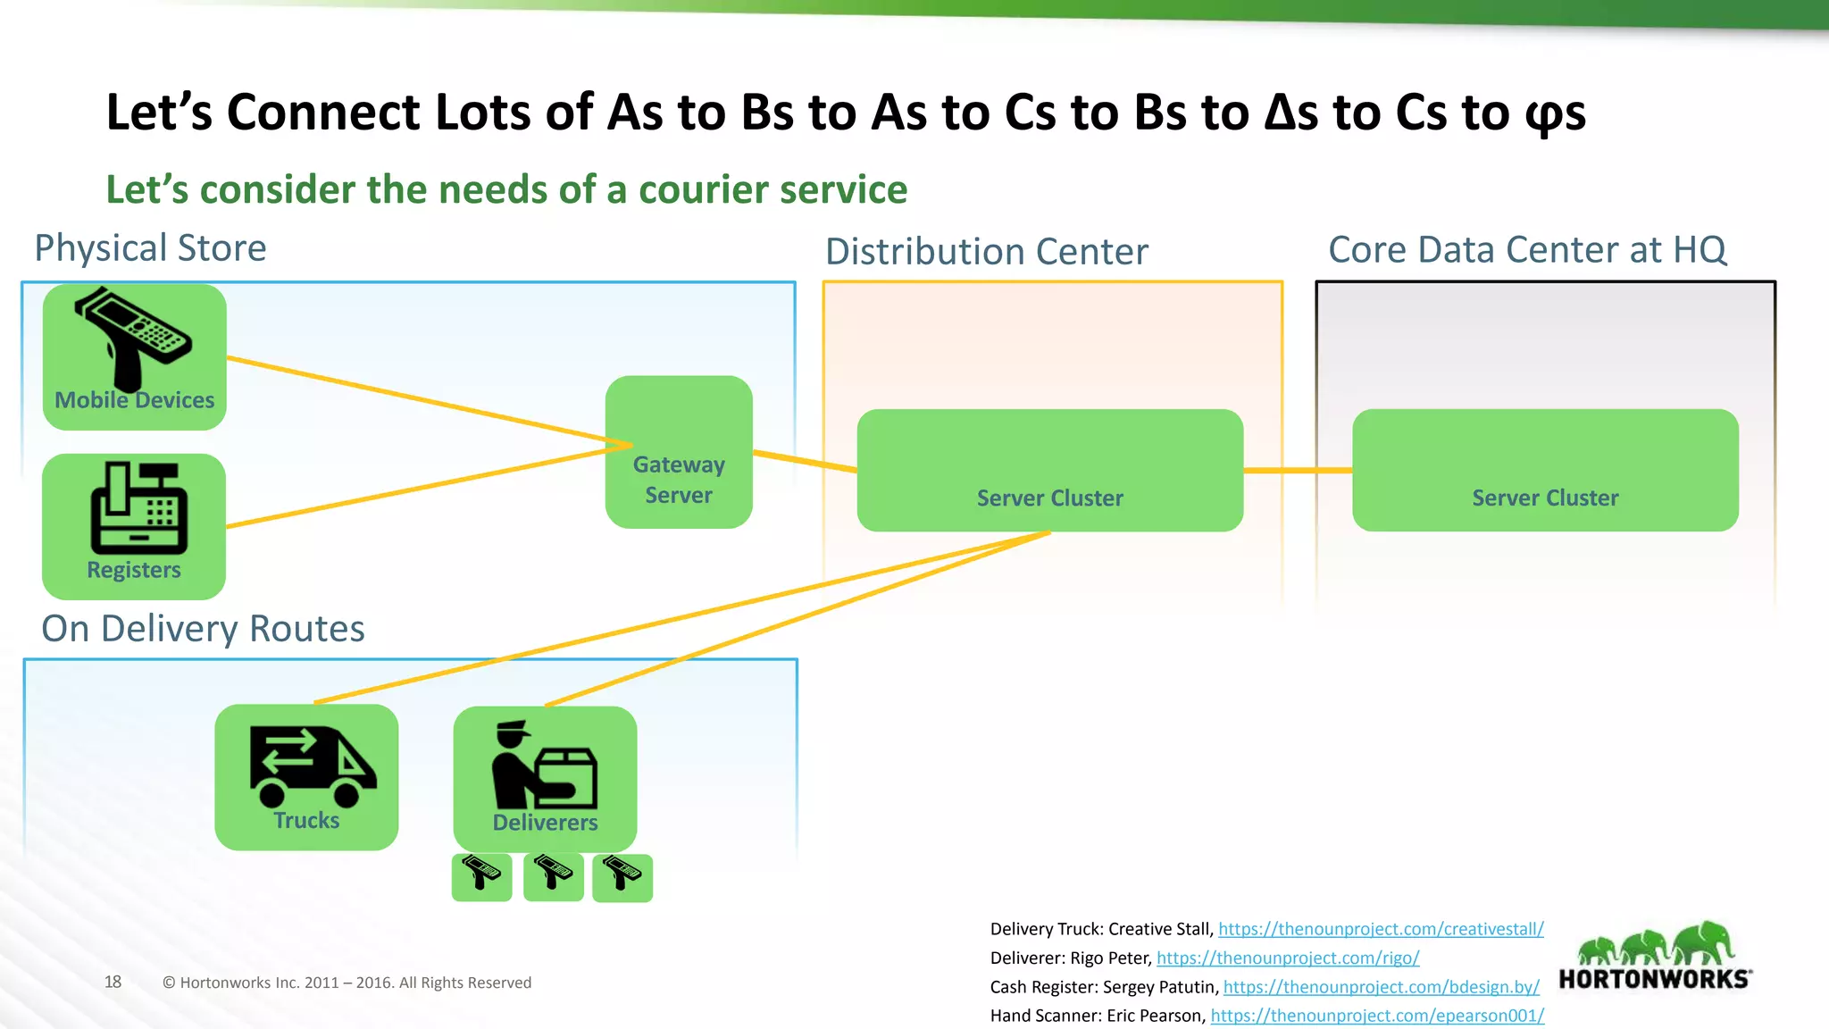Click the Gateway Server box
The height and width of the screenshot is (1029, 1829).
pyautogui.click(x=679, y=452)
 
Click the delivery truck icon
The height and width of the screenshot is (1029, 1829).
pyautogui.click(x=312, y=765)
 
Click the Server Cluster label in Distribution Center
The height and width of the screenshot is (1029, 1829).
pyautogui.click(x=1049, y=498)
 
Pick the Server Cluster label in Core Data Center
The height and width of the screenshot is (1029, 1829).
pyautogui.click(x=1545, y=498)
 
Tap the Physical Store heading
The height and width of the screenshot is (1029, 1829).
pyautogui.click(x=150, y=247)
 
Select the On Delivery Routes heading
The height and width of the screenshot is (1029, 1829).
pyautogui.click(x=203, y=629)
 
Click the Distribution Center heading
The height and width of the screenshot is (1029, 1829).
pyautogui.click(x=986, y=252)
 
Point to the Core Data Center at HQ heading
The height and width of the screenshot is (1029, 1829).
pyautogui.click(x=1527, y=249)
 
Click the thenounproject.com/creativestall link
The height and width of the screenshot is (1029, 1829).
pyautogui.click(x=1381, y=929)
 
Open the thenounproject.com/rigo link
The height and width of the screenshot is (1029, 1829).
pyautogui.click(x=1287, y=958)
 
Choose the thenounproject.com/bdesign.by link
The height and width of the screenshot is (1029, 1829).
pyautogui.click(x=1381, y=987)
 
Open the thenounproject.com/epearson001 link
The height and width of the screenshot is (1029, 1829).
pyautogui.click(x=1377, y=1016)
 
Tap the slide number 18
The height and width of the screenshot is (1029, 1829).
pyautogui.click(x=113, y=982)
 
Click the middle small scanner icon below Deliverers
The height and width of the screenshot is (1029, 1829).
pyautogui.click(x=553, y=876)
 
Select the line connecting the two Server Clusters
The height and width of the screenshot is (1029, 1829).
pyautogui.click(x=1298, y=470)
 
